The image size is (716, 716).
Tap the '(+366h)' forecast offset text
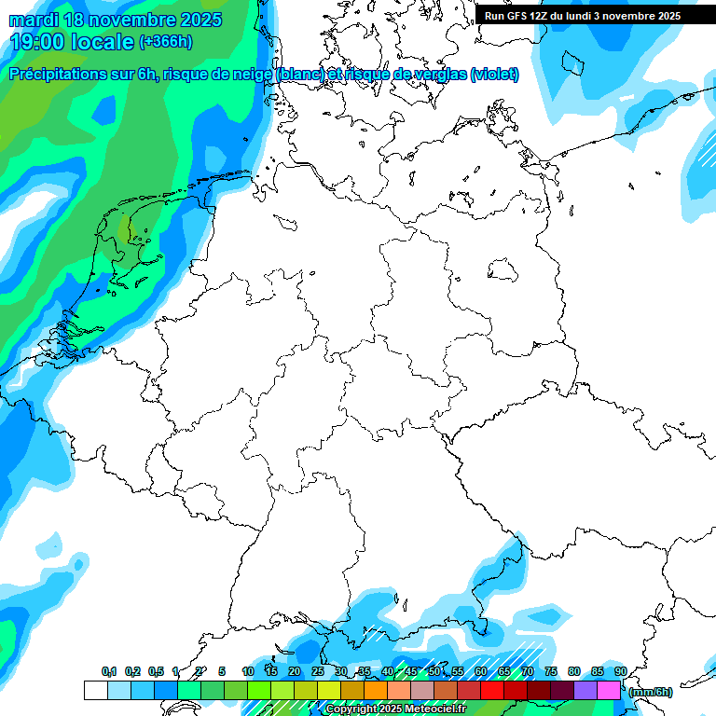pos(166,42)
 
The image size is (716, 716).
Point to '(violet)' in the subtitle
pos(495,75)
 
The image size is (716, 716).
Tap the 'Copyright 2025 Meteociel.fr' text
pos(395,709)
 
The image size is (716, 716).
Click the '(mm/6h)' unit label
pos(650,692)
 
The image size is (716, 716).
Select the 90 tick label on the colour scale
pos(621,671)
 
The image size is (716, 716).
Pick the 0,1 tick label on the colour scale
pos(109,671)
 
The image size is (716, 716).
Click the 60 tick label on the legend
pos(481,671)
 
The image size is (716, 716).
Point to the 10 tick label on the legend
pos(248,671)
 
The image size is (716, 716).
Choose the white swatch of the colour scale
pos(95,690)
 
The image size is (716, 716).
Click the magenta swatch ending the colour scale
pos(609,690)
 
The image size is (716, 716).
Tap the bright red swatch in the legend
pos(492,690)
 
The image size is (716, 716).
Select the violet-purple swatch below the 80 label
pos(585,690)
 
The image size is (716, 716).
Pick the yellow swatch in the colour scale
pos(328,690)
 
